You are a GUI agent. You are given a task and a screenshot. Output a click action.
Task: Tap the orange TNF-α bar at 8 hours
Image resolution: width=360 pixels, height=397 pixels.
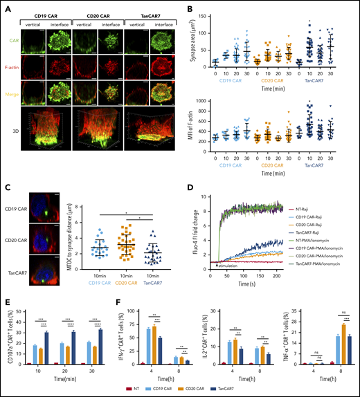[337, 346]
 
